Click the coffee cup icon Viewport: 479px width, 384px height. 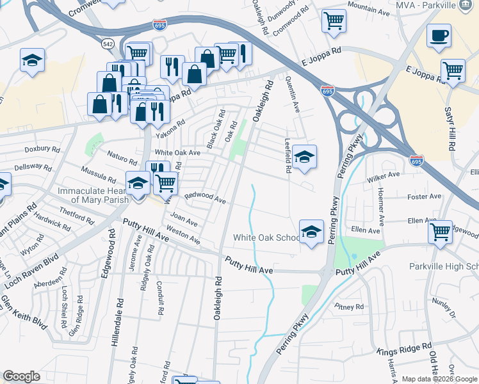tap(439, 36)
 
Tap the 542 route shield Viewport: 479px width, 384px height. tap(108, 44)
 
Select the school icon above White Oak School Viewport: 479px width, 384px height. tap(311, 231)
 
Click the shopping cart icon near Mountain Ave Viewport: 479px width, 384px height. tap(334, 21)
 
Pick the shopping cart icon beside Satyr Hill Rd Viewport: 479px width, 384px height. tap(453, 70)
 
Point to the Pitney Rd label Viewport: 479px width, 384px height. tap(350, 307)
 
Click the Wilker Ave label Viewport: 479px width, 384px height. tap(384, 174)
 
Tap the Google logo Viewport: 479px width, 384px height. tap(22, 376)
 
